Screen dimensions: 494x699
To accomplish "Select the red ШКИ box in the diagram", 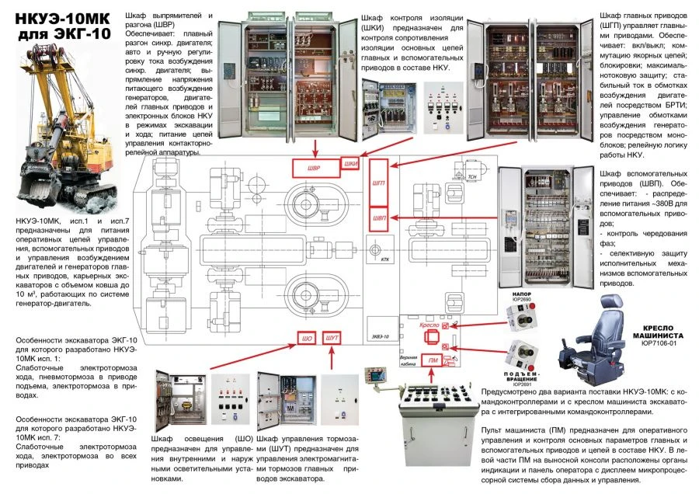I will click(351, 165).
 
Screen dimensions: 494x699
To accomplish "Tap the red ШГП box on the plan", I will click(378, 181).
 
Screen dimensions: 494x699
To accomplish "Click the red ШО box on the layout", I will click(307, 339).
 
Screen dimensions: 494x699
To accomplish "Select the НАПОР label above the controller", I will click(520, 294).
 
